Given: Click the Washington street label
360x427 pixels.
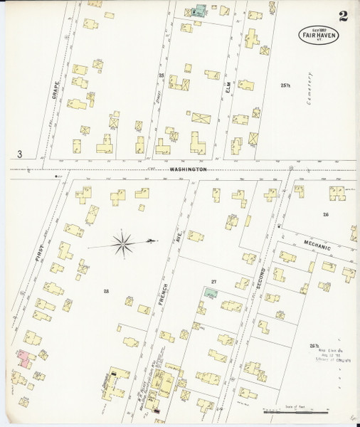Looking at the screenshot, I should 188,169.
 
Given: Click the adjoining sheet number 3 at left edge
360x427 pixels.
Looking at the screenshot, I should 21,154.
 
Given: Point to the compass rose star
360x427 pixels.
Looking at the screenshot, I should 123,244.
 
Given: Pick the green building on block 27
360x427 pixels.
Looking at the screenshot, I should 211,292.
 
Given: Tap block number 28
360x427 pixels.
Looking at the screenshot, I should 106,290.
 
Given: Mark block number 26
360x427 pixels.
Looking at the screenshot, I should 325,214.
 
